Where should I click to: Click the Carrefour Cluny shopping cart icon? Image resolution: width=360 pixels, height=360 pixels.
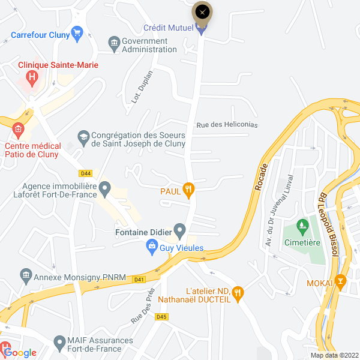point(76,32)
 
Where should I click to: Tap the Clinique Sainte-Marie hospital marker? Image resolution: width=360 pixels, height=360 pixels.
point(32,78)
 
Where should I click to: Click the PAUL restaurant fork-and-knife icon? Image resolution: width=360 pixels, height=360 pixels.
point(188,190)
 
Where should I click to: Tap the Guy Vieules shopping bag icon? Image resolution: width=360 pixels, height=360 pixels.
point(152,246)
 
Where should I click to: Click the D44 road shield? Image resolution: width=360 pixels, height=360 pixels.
point(86,173)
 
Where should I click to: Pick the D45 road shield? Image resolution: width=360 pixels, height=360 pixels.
point(161,316)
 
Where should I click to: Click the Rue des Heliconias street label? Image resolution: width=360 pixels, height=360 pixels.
point(227,125)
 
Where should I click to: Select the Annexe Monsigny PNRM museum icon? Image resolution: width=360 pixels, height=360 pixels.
point(26,277)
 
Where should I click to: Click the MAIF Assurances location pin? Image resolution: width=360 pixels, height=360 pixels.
point(59,343)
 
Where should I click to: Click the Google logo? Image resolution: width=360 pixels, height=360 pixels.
point(20,353)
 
